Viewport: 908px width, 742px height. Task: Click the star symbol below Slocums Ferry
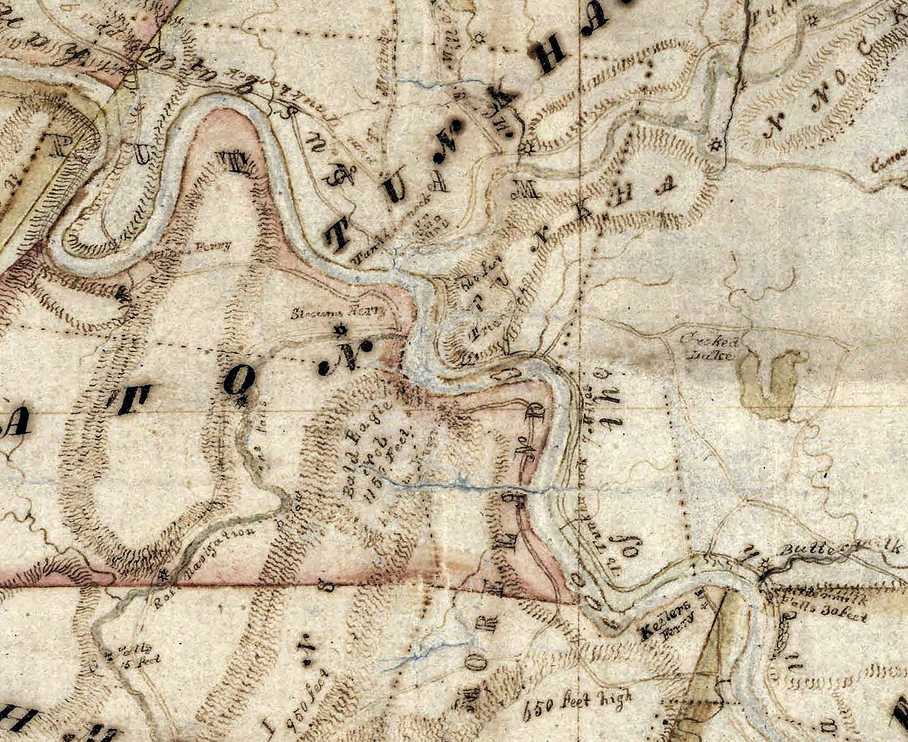tap(340, 329)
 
